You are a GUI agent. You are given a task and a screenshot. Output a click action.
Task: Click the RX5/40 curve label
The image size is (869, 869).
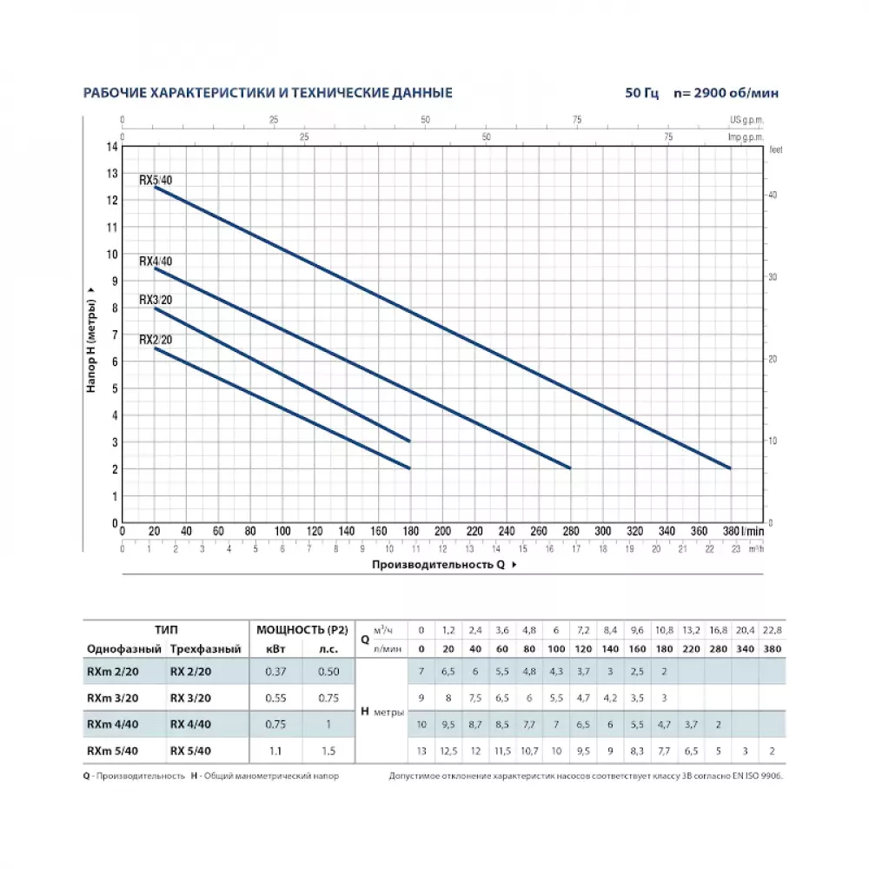coord(156,181)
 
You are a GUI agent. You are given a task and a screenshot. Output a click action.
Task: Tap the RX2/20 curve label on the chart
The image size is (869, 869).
coord(156,340)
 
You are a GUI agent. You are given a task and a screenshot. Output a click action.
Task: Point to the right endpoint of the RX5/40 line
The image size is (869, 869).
coord(730,468)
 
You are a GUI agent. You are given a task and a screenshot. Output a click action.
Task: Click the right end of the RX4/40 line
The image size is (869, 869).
coord(570,468)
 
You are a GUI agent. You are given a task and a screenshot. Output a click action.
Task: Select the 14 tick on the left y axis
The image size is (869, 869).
coord(111,146)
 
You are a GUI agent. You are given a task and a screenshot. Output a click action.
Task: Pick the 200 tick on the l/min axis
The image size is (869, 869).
coord(441,531)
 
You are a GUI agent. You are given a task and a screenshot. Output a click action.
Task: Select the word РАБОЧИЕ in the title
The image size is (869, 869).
coord(116,93)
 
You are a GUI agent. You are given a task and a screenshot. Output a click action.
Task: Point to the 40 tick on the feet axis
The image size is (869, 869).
coord(772,196)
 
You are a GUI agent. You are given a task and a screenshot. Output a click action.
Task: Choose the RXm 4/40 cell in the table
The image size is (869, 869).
coord(112,724)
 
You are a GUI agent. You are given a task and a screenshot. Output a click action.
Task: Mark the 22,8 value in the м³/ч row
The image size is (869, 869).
coord(773,629)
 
